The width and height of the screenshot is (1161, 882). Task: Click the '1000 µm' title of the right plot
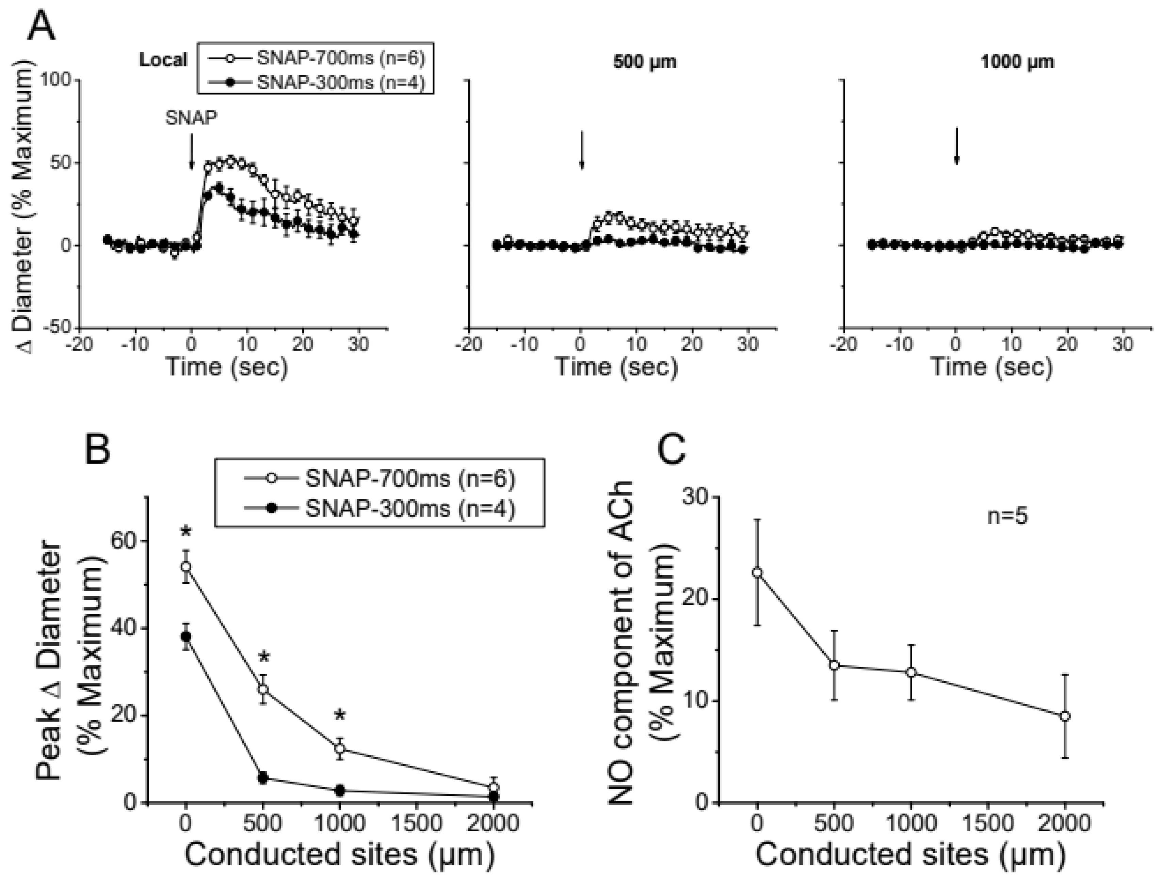click(1017, 62)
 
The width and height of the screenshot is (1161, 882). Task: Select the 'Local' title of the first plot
click(163, 60)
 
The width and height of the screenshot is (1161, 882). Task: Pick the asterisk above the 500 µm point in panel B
click(264, 658)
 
